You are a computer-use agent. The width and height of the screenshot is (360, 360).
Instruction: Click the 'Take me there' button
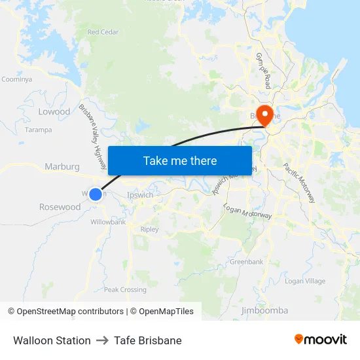tap(180, 160)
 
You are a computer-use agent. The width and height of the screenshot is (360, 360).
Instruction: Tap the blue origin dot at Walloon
tap(96, 194)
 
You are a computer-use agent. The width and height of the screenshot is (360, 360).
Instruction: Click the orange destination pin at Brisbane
tap(265, 116)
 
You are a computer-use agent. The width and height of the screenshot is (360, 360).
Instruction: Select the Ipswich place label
tap(140, 195)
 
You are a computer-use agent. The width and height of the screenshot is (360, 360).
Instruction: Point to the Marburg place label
tap(62, 167)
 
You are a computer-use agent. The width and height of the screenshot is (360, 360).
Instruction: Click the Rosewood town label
tap(60, 207)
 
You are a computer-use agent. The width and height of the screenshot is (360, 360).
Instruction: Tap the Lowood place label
tap(54, 112)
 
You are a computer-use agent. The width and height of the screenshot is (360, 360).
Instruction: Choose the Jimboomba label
tap(264, 310)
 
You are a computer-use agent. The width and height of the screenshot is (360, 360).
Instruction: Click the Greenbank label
tap(246, 262)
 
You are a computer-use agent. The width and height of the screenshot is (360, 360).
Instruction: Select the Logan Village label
tap(305, 281)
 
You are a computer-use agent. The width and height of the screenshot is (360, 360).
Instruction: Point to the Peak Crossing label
tap(125, 290)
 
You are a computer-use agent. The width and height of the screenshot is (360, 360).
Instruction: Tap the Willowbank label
tap(108, 222)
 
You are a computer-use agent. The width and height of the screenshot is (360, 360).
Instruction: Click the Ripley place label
tap(149, 230)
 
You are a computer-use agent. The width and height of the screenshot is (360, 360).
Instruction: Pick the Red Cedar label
tap(102, 32)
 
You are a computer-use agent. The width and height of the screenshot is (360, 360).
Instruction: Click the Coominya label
tap(16, 79)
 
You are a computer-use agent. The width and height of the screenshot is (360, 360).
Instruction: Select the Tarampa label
tap(38, 130)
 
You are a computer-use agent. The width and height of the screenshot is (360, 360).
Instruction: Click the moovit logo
tap(320, 340)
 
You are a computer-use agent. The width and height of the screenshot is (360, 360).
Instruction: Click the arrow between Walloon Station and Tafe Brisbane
tap(102, 340)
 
